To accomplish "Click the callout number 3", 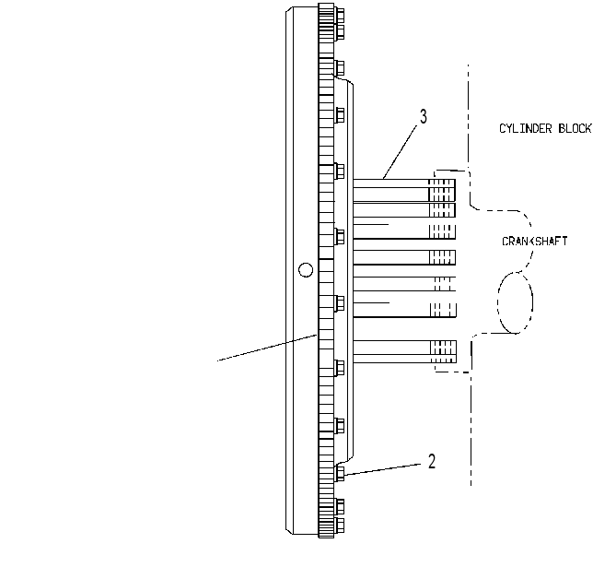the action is coord(424,117).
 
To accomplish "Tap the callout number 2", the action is coord(432,461).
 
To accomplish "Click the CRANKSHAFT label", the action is coord(535,242).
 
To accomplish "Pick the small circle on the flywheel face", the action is coord(306,270).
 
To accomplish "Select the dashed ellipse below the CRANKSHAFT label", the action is coord(515,302).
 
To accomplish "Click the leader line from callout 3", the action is coord(401,151).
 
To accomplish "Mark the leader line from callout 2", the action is coord(382,469).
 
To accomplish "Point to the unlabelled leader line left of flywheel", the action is coord(267,348).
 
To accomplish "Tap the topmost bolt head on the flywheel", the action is coord(340,16).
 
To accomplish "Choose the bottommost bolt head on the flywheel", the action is coord(340,525).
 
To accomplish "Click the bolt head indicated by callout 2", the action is coord(340,474).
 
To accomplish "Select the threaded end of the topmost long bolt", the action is coord(442,190).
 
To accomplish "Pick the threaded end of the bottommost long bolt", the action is coord(443,351).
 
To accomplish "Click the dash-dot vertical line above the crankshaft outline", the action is coord(468,117).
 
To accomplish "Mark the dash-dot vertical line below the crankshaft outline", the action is coord(471,428).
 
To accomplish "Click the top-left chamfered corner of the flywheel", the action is coord(288,8).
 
